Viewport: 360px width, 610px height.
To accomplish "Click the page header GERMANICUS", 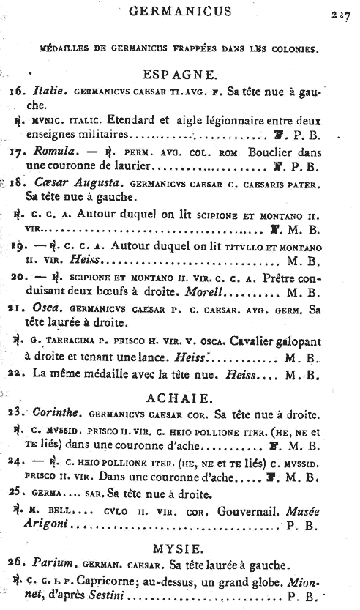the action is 179,10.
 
